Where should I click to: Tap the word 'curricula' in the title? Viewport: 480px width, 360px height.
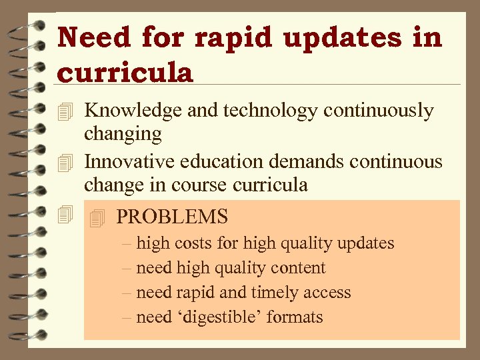125,73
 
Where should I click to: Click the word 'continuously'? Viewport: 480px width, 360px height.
379,111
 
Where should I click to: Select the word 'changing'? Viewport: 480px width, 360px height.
123,134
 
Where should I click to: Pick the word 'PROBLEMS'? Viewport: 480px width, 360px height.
172,217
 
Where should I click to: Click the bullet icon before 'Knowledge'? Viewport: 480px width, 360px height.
64,111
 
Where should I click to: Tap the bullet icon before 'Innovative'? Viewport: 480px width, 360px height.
64,161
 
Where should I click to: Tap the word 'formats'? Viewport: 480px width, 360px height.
294,317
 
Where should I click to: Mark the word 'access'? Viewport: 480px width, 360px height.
329,293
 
